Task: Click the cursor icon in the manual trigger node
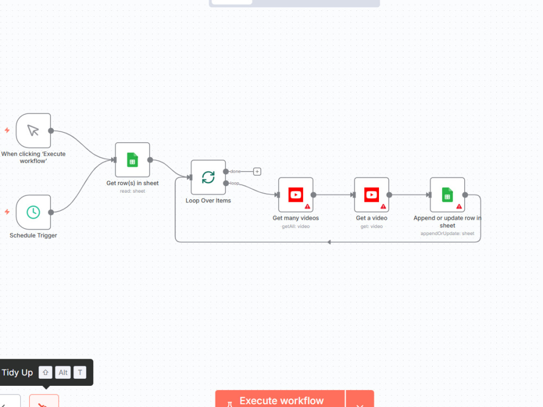tap(33, 130)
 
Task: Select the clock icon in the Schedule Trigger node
tap(33, 212)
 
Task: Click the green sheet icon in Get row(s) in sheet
tap(132, 160)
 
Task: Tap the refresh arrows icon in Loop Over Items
tap(208, 177)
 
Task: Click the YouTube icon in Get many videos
tap(296, 195)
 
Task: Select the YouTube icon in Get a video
tap(371, 195)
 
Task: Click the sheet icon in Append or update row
tap(447, 195)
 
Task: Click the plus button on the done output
tap(257, 171)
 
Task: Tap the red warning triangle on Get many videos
tap(307, 207)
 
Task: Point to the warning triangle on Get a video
tap(383, 207)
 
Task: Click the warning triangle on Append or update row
tap(459, 207)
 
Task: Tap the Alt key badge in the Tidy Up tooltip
tap(63, 372)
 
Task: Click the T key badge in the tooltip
tap(80, 372)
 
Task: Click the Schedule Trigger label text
tap(33, 236)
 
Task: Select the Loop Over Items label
tap(208, 201)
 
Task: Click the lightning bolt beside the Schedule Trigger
tap(7, 212)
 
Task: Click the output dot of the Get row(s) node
tap(150, 160)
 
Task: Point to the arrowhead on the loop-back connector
tap(329, 242)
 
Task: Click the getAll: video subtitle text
tap(296, 226)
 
